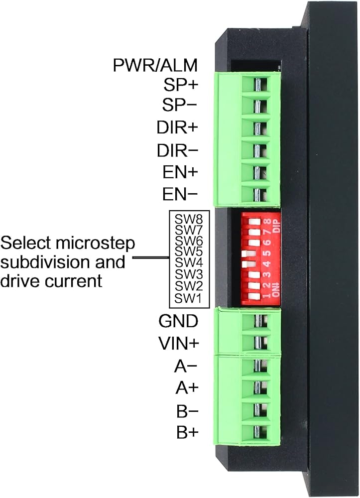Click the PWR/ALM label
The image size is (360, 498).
[155, 65]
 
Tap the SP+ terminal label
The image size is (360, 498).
[181, 85]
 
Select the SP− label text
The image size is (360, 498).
[181, 106]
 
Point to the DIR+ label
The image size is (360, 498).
[177, 128]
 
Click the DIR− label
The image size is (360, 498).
[177, 150]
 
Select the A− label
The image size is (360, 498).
[186, 367]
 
